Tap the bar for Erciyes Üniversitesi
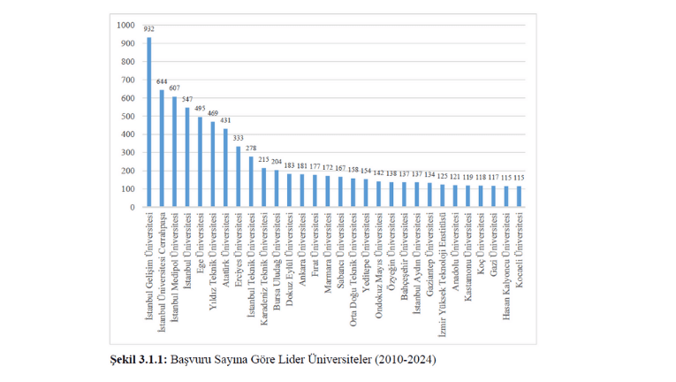[x=239, y=177]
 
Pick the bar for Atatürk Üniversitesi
[x=225, y=168]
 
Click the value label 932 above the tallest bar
[x=148, y=29]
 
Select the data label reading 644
[x=162, y=81]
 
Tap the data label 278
[x=251, y=148]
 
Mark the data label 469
[x=213, y=113]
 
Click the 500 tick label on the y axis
[x=126, y=116]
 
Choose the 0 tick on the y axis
[x=131, y=207]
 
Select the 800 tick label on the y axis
[x=126, y=61]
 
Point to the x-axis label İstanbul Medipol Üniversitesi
[x=175, y=260]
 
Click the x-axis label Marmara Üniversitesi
[x=328, y=247]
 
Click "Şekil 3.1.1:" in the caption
[x=137, y=360]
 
